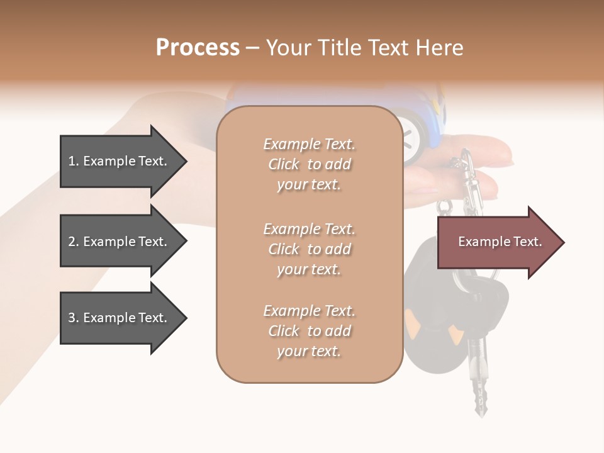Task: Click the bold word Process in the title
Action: pos(198,48)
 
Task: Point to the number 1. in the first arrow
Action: pos(74,161)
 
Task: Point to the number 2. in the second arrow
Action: pos(74,242)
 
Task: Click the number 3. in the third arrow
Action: pos(74,318)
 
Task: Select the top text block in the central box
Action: pos(309,164)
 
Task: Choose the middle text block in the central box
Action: pos(309,249)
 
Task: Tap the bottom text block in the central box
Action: pos(309,331)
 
